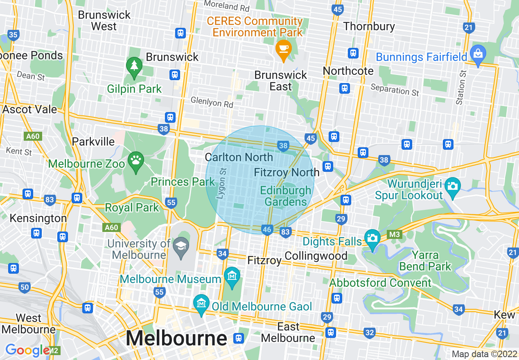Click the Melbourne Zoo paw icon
135,160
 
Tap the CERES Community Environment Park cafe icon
283,49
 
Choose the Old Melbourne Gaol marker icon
201,304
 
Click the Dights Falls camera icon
372,239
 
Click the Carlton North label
239,157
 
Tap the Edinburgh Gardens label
286,196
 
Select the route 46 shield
267,230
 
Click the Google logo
27,350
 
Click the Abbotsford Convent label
380,283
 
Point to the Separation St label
395,89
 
